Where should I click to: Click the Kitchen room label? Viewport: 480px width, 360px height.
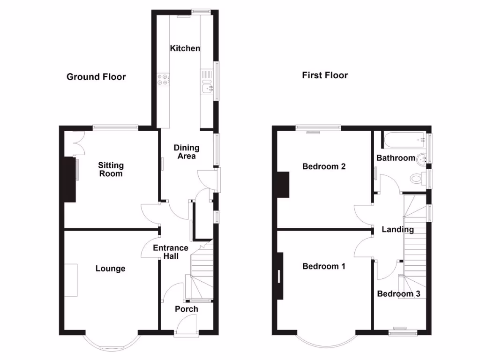click(185, 48)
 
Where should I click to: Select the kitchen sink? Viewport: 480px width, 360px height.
click(206, 87)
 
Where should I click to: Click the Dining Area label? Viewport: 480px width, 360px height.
click(187, 152)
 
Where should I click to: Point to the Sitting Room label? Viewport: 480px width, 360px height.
click(111, 169)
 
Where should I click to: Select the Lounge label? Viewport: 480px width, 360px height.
click(110, 269)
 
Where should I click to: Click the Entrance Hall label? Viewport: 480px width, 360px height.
click(171, 252)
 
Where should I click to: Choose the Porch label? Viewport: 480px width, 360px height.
click(186, 309)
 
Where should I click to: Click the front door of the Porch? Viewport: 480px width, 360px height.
click(186, 325)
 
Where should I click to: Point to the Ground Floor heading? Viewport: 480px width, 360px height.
click(96, 77)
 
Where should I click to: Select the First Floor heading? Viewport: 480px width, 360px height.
click(325, 75)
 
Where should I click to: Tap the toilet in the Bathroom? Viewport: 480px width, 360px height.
click(416, 179)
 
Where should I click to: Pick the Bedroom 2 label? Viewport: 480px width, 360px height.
click(324, 166)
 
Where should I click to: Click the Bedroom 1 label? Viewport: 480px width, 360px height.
click(324, 266)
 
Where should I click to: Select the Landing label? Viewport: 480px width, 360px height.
click(397, 229)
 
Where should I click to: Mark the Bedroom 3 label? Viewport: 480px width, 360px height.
click(398, 294)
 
